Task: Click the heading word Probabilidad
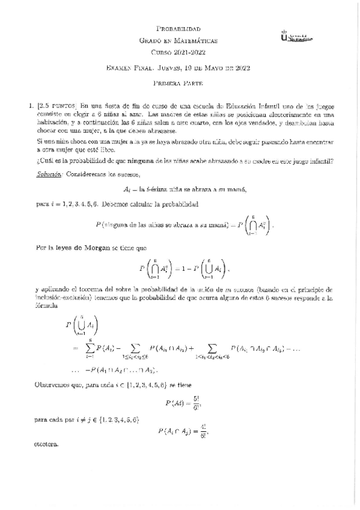[x=178, y=29]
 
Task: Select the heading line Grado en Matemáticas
[x=178, y=41]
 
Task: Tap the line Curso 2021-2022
[x=178, y=53]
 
